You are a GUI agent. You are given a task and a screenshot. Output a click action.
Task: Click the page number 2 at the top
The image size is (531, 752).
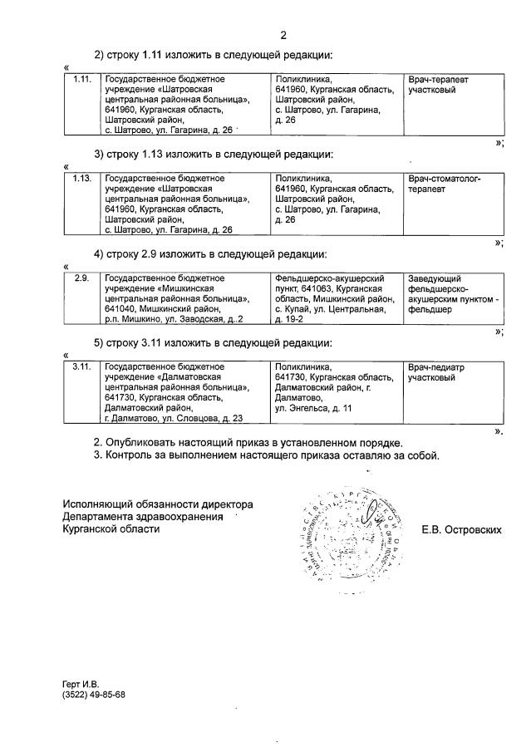tap(283, 35)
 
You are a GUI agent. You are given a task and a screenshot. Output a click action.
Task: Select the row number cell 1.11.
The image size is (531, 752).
tap(81, 79)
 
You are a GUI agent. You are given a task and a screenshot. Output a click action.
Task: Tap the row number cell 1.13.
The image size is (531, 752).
tap(81, 178)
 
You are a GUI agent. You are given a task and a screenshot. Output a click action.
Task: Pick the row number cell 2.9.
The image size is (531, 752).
tap(81, 278)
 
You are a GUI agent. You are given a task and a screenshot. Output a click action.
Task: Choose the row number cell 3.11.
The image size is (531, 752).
tap(81, 366)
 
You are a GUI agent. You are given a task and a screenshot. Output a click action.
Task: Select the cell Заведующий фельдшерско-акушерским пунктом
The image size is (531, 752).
tap(450, 293)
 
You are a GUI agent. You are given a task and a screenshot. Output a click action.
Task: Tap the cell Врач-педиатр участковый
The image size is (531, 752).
tap(436, 371)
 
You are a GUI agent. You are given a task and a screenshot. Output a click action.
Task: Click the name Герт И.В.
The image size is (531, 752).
tap(80, 684)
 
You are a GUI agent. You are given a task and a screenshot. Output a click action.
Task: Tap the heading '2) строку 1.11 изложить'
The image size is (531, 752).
tap(213, 55)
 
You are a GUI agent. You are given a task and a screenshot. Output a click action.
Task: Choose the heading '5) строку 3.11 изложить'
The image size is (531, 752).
tap(213, 342)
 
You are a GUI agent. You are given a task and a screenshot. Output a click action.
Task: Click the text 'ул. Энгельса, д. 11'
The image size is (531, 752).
tap(313, 408)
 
